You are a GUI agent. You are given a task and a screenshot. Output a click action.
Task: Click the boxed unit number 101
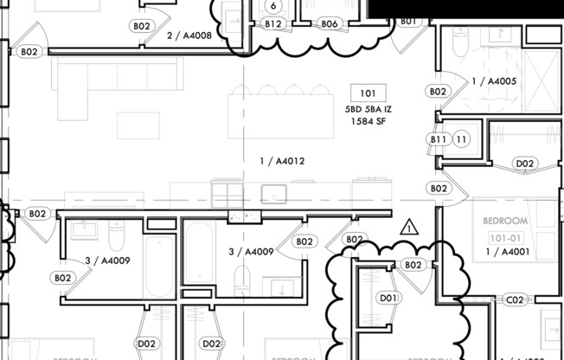(x=368, y=93)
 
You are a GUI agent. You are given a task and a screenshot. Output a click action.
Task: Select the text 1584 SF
(x=368, y=122)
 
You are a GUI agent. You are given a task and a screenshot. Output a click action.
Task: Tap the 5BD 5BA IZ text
(x=368, y=110)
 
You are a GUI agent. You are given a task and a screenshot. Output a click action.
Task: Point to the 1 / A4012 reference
(x=282, y=161)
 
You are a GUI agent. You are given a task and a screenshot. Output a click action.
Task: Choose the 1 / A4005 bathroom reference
(x=494, y=81)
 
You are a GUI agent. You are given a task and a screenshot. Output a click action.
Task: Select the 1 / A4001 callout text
(x=507, y=252)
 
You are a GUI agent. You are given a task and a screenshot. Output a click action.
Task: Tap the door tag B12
(x=273, y=24)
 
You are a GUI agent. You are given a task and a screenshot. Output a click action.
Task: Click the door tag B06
(x=329, y=24)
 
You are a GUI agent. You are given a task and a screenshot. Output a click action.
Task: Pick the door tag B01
(x=408, y=21)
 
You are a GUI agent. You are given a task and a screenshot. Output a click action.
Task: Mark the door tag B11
(x=439, y=139)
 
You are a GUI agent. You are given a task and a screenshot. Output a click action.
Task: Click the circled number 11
(x=462, y=139)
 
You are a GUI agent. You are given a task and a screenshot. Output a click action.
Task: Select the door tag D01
(x=389, y=299)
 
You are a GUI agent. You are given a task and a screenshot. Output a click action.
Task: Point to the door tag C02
(x=515, y=300)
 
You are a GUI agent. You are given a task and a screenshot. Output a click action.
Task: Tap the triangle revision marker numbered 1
(x=409, y=228)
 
